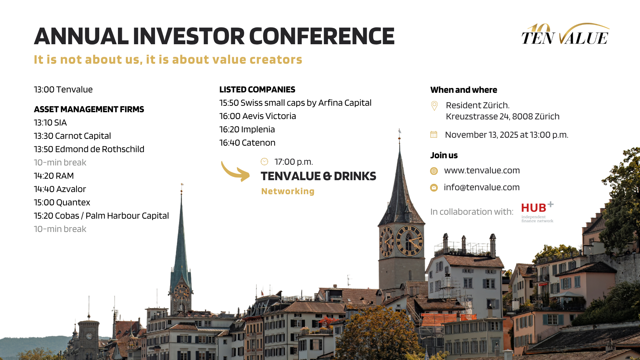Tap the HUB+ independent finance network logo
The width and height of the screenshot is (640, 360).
pos(537,212)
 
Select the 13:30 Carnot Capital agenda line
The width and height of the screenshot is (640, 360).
pos(72,136)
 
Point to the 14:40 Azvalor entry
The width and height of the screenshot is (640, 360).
pos(60,189)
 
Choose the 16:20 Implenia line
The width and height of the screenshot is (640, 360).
pos(247,129)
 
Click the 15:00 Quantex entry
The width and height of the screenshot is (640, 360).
pos(62,202)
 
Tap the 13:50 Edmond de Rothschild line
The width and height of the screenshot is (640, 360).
pos(89,149)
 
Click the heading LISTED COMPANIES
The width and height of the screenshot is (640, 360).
pos(257,90)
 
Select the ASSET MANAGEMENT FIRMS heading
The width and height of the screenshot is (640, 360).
pos(89,109)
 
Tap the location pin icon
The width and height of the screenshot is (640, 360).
pos(434,106)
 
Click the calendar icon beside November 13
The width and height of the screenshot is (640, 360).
pos(434,135)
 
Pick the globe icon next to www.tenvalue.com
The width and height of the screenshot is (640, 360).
pos(434,171)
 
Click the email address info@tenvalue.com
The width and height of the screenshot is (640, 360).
pos(481,187)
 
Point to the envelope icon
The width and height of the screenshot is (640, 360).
pos(434,188)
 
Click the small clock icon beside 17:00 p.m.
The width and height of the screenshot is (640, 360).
pos(264,162)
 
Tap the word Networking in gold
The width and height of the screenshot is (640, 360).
pos(288,191)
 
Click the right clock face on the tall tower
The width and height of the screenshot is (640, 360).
pos(409,241)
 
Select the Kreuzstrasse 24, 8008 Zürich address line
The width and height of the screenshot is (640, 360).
pos(502,117)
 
